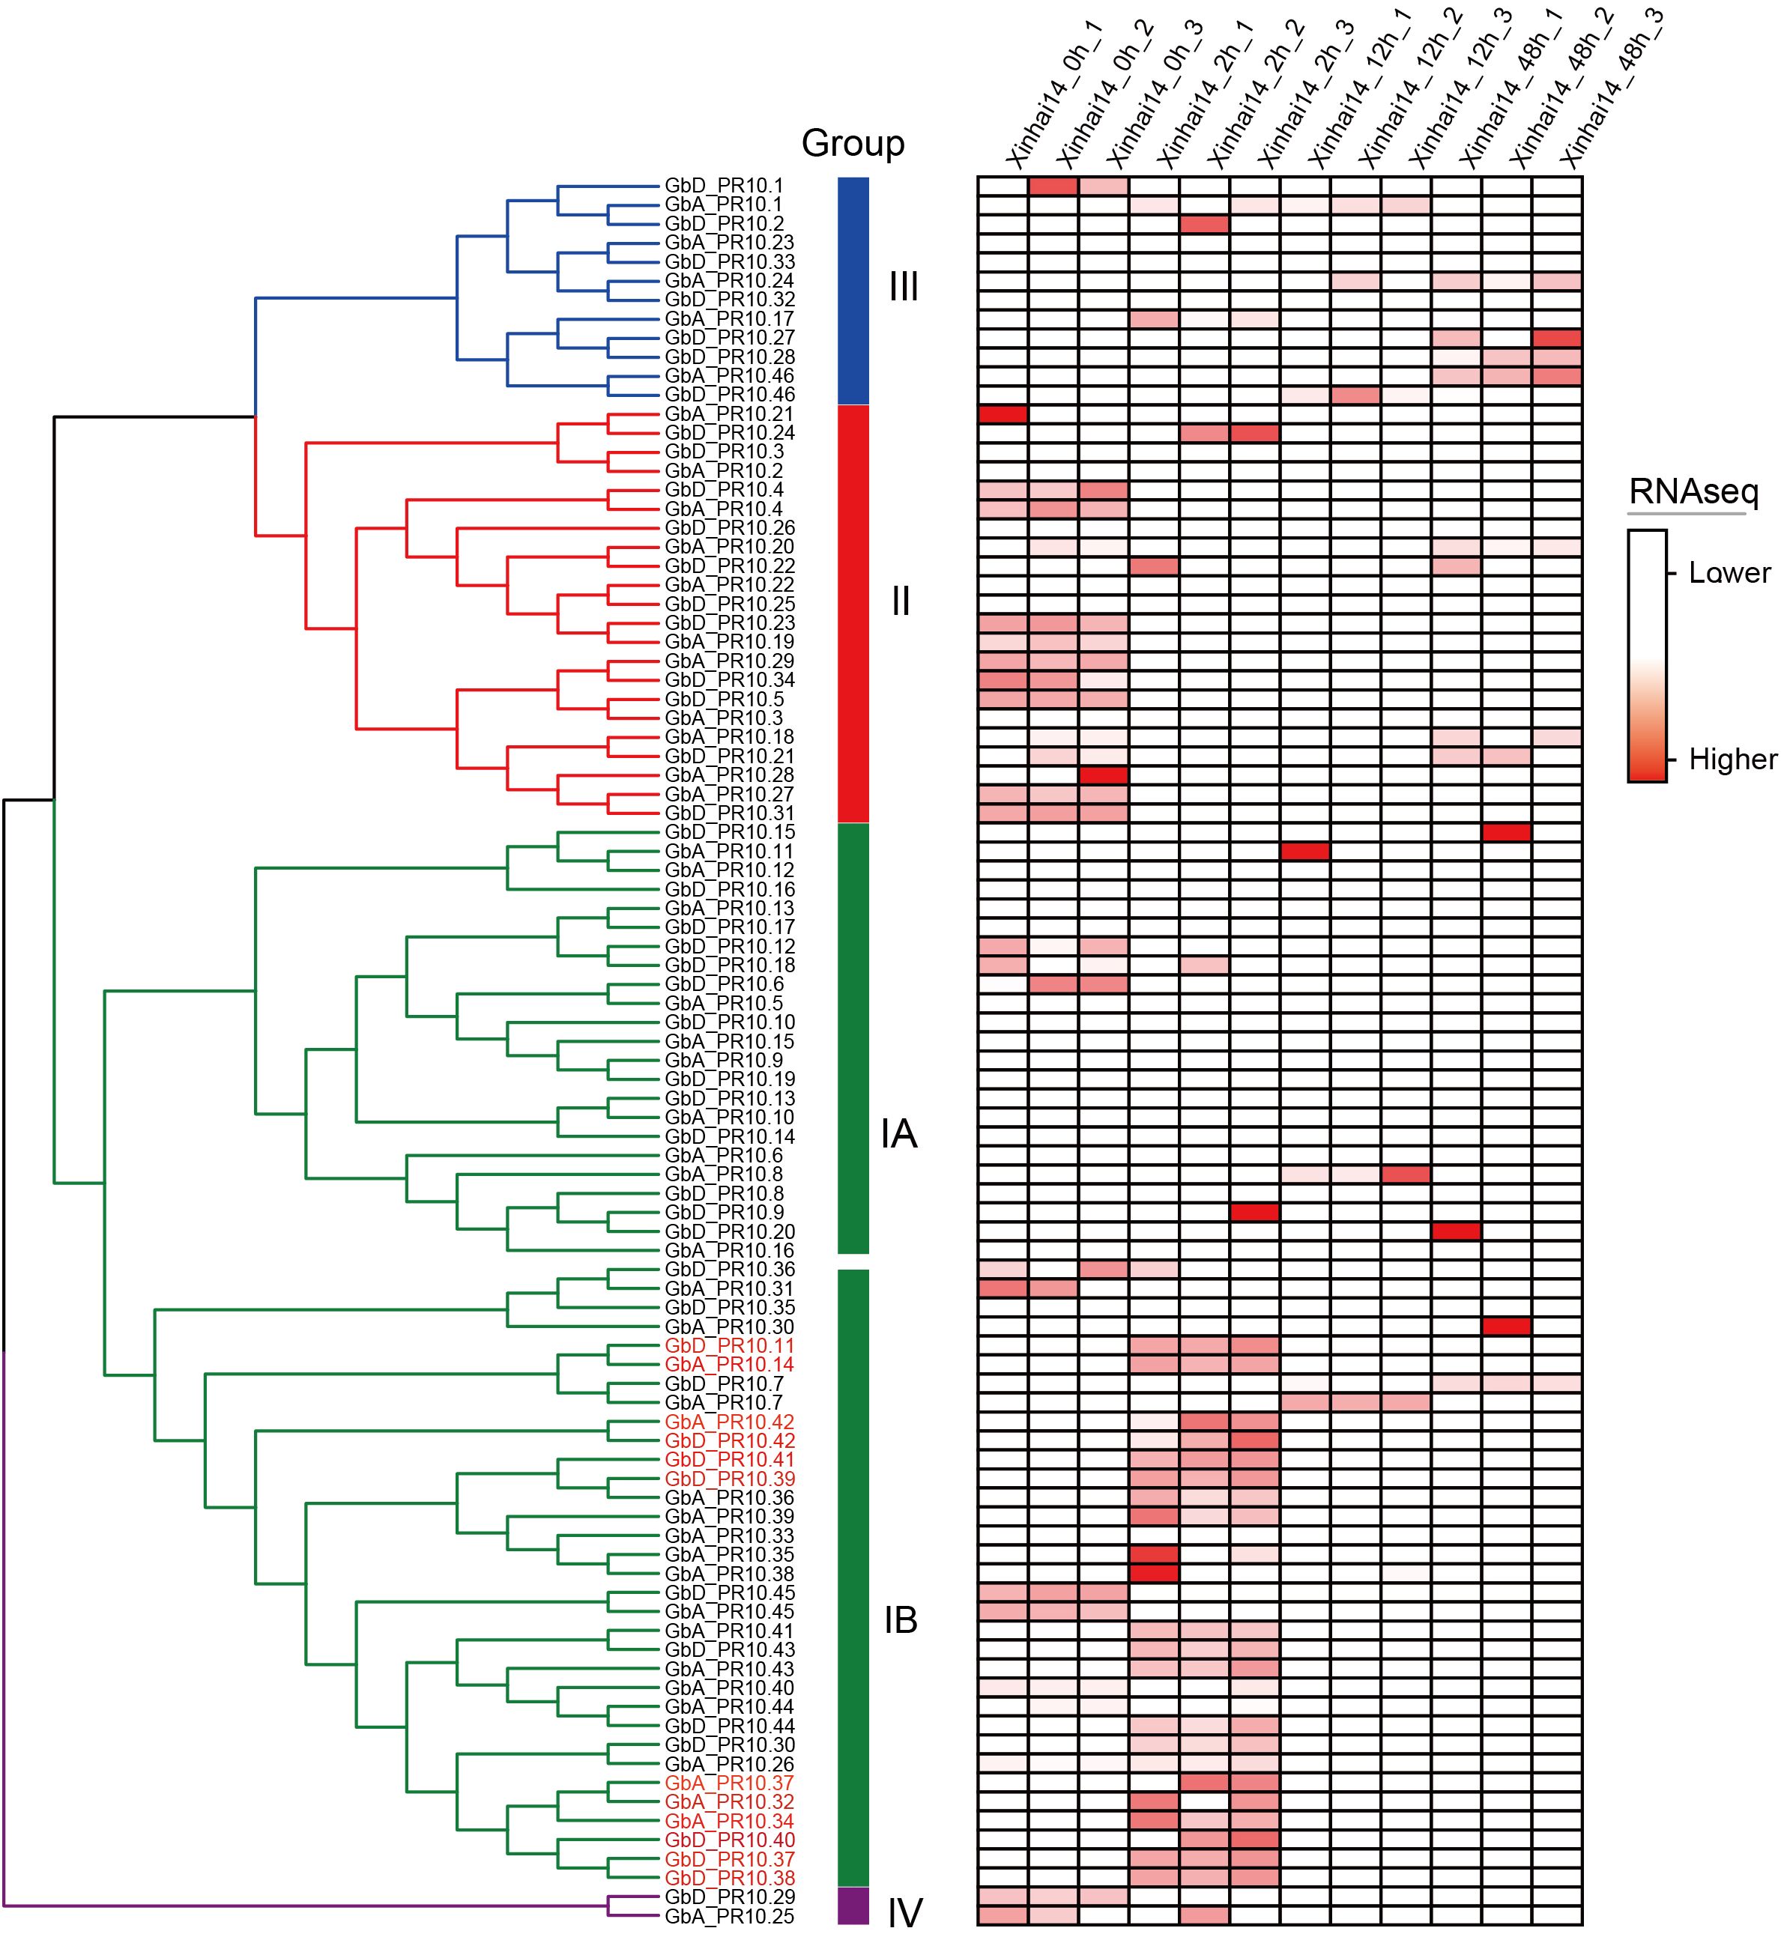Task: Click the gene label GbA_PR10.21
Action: (728, 414)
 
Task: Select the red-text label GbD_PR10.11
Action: (728, 1346)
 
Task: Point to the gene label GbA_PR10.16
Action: (728, 1251)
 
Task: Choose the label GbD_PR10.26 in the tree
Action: (728, 528)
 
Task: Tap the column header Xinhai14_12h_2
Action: (1407, 91)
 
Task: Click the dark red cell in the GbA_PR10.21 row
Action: (1003, 414)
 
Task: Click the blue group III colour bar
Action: (853, 289)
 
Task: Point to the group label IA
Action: (898, 1135)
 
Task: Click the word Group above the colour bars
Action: (853, 144)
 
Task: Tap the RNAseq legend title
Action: (1693, 492)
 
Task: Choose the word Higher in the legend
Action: (1732, 760)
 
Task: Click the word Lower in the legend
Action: (1729, 573)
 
